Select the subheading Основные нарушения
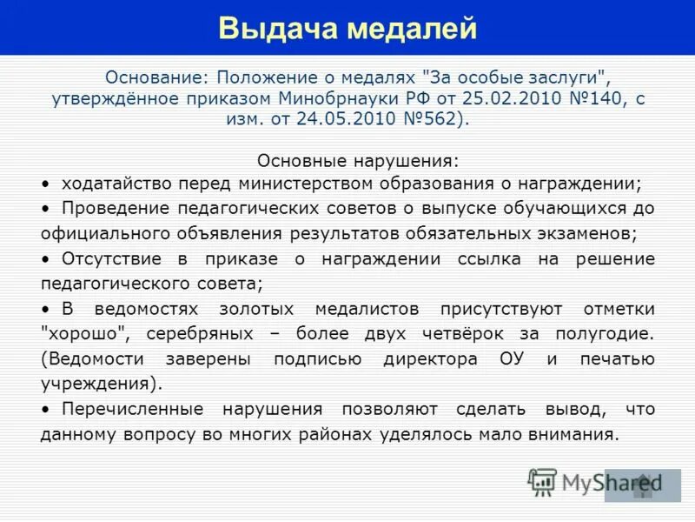click(357, 162)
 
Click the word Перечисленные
click(133, 409)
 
